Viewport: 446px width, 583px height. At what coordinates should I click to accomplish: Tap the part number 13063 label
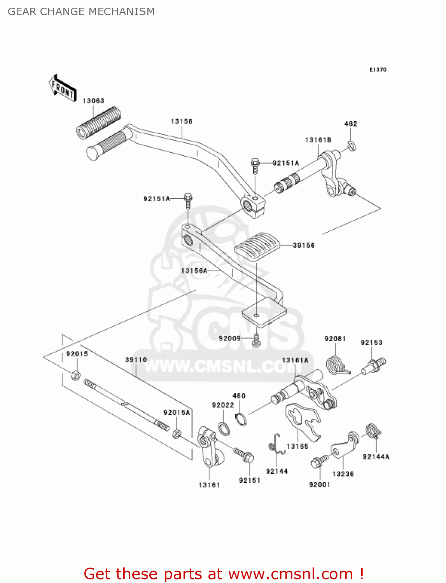click(93, 101)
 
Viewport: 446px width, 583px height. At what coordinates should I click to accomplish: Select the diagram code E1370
click(378, 70)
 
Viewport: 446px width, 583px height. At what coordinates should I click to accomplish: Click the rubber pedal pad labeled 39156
click(257, 246)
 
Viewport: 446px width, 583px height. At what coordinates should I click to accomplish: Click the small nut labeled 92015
click(76, 375)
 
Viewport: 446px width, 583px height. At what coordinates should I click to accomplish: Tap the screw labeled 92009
click(256, 340)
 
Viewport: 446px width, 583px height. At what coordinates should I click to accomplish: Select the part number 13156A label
click(194, 271)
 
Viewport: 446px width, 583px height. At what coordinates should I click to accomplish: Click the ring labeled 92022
click(224, 428)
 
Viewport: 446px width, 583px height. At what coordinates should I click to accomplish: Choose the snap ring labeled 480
click(241, 419)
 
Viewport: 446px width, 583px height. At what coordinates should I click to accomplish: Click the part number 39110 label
click(136, 360)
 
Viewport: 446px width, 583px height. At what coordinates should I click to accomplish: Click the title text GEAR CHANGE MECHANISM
click(81, 12)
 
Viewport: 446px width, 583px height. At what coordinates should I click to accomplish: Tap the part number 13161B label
click(318, 140)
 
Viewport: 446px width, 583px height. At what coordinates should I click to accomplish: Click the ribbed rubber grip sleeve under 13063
click(98, 122)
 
